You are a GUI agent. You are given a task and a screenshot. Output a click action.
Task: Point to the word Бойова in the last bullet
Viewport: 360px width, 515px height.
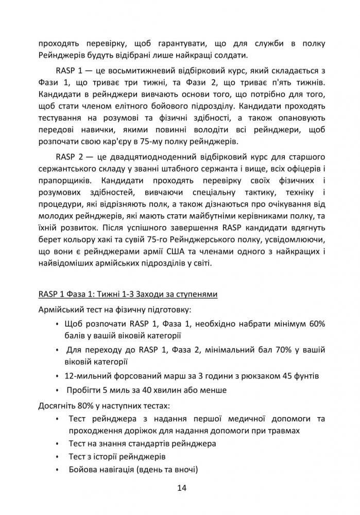tap(82, 470)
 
